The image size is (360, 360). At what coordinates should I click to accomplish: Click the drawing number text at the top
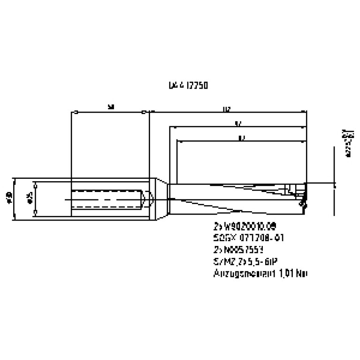click(x=188, y=86)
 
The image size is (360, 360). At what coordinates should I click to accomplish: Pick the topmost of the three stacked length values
click(x=227, y=109)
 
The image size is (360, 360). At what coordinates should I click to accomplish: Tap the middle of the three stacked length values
click(x=238, y=124)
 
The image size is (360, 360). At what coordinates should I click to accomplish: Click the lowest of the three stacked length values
click(x=241, y=138)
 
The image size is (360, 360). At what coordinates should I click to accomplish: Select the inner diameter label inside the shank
click(x=30, y=199)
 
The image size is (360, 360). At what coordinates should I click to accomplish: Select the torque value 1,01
click(x=286, y=273)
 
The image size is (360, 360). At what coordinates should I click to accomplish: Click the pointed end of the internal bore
click(x=151, y=199)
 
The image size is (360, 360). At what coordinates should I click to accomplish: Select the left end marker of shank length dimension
click(x=76, y=112)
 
